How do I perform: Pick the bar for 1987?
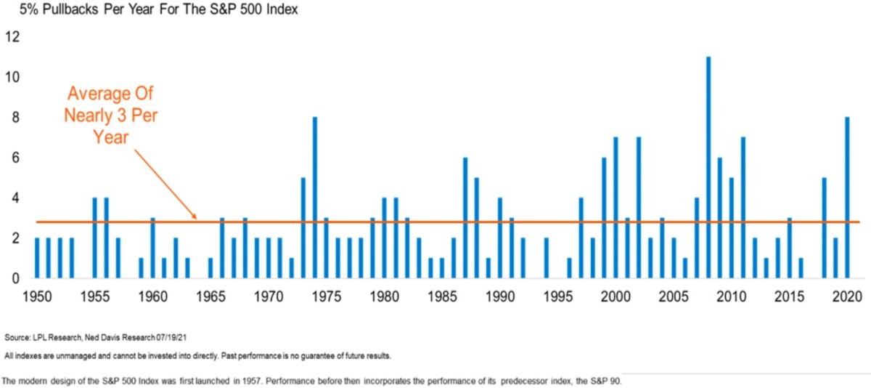tap(465, 218)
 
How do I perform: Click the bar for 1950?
tap(36, 258)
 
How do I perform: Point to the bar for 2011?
tap(743, 208)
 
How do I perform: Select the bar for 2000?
tap(616, 208)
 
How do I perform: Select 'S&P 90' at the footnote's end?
tap(604, 381)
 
